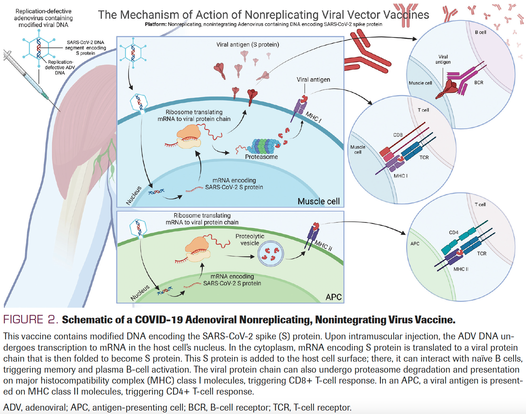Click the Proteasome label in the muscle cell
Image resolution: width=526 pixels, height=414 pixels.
click(261, 157)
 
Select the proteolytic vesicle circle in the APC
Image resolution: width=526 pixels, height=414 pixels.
click(271, 254)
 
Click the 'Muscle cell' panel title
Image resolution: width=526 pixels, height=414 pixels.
click(318, 201)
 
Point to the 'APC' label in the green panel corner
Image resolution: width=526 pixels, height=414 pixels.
click(334, 297)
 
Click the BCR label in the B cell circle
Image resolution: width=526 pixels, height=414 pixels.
click(479, 83)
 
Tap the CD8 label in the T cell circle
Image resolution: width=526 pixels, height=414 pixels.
click(398, 135)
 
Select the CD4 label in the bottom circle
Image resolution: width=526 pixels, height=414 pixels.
click(454, 232)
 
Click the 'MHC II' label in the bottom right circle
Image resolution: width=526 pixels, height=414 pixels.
click(461, 269)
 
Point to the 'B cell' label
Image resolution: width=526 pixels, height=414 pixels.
click(480, 32)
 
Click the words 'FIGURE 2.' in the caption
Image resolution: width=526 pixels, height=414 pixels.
click(30, 320)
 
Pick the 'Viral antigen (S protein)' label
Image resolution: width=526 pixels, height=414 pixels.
click(247, 45)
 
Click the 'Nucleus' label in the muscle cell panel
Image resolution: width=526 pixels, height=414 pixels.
click(134, 195)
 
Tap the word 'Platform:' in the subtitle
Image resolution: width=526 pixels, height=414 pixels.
click(155, 24)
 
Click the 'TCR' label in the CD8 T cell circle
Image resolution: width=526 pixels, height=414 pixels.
click(424, 157)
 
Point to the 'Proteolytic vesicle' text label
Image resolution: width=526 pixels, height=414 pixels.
click(250, 240)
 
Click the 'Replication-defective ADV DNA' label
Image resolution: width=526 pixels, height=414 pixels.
click(60, 67)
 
